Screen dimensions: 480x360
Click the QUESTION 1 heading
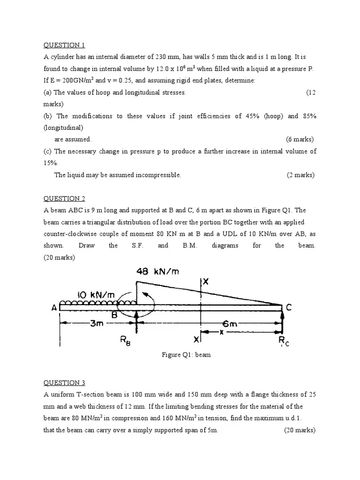point(64,45)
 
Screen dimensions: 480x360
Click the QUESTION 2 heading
point(64,198)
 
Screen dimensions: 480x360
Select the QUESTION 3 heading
point(64,382)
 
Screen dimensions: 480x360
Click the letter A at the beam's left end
point(54,308)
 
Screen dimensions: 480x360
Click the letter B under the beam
point(114,316)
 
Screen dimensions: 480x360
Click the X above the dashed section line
point(205,281)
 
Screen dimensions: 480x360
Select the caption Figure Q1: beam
point(186,355)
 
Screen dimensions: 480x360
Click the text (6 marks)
point(300,139)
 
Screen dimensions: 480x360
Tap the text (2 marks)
point(300,175)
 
